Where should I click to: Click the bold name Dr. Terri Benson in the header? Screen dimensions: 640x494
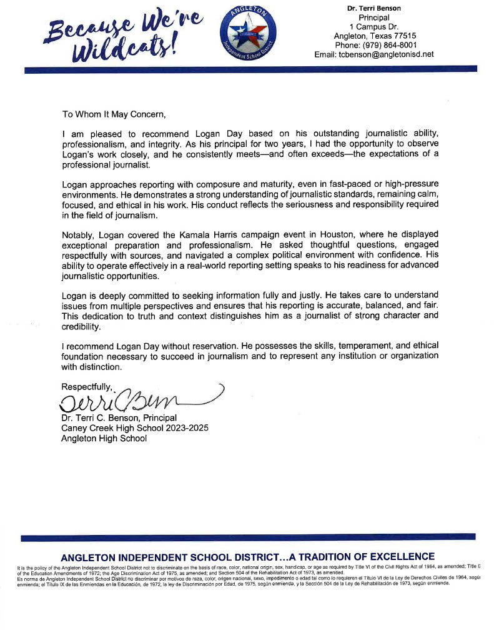[x=373, y=8]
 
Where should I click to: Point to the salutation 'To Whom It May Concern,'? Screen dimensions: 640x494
[x=115, y=114]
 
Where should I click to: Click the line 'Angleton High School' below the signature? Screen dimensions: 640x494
[x=104, y=438]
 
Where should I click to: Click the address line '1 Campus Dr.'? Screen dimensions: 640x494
[x=373, y=26]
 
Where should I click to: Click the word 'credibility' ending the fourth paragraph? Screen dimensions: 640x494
[x=81, y=327]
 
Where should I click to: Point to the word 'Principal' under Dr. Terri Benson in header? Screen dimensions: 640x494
[x=373, y=17]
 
